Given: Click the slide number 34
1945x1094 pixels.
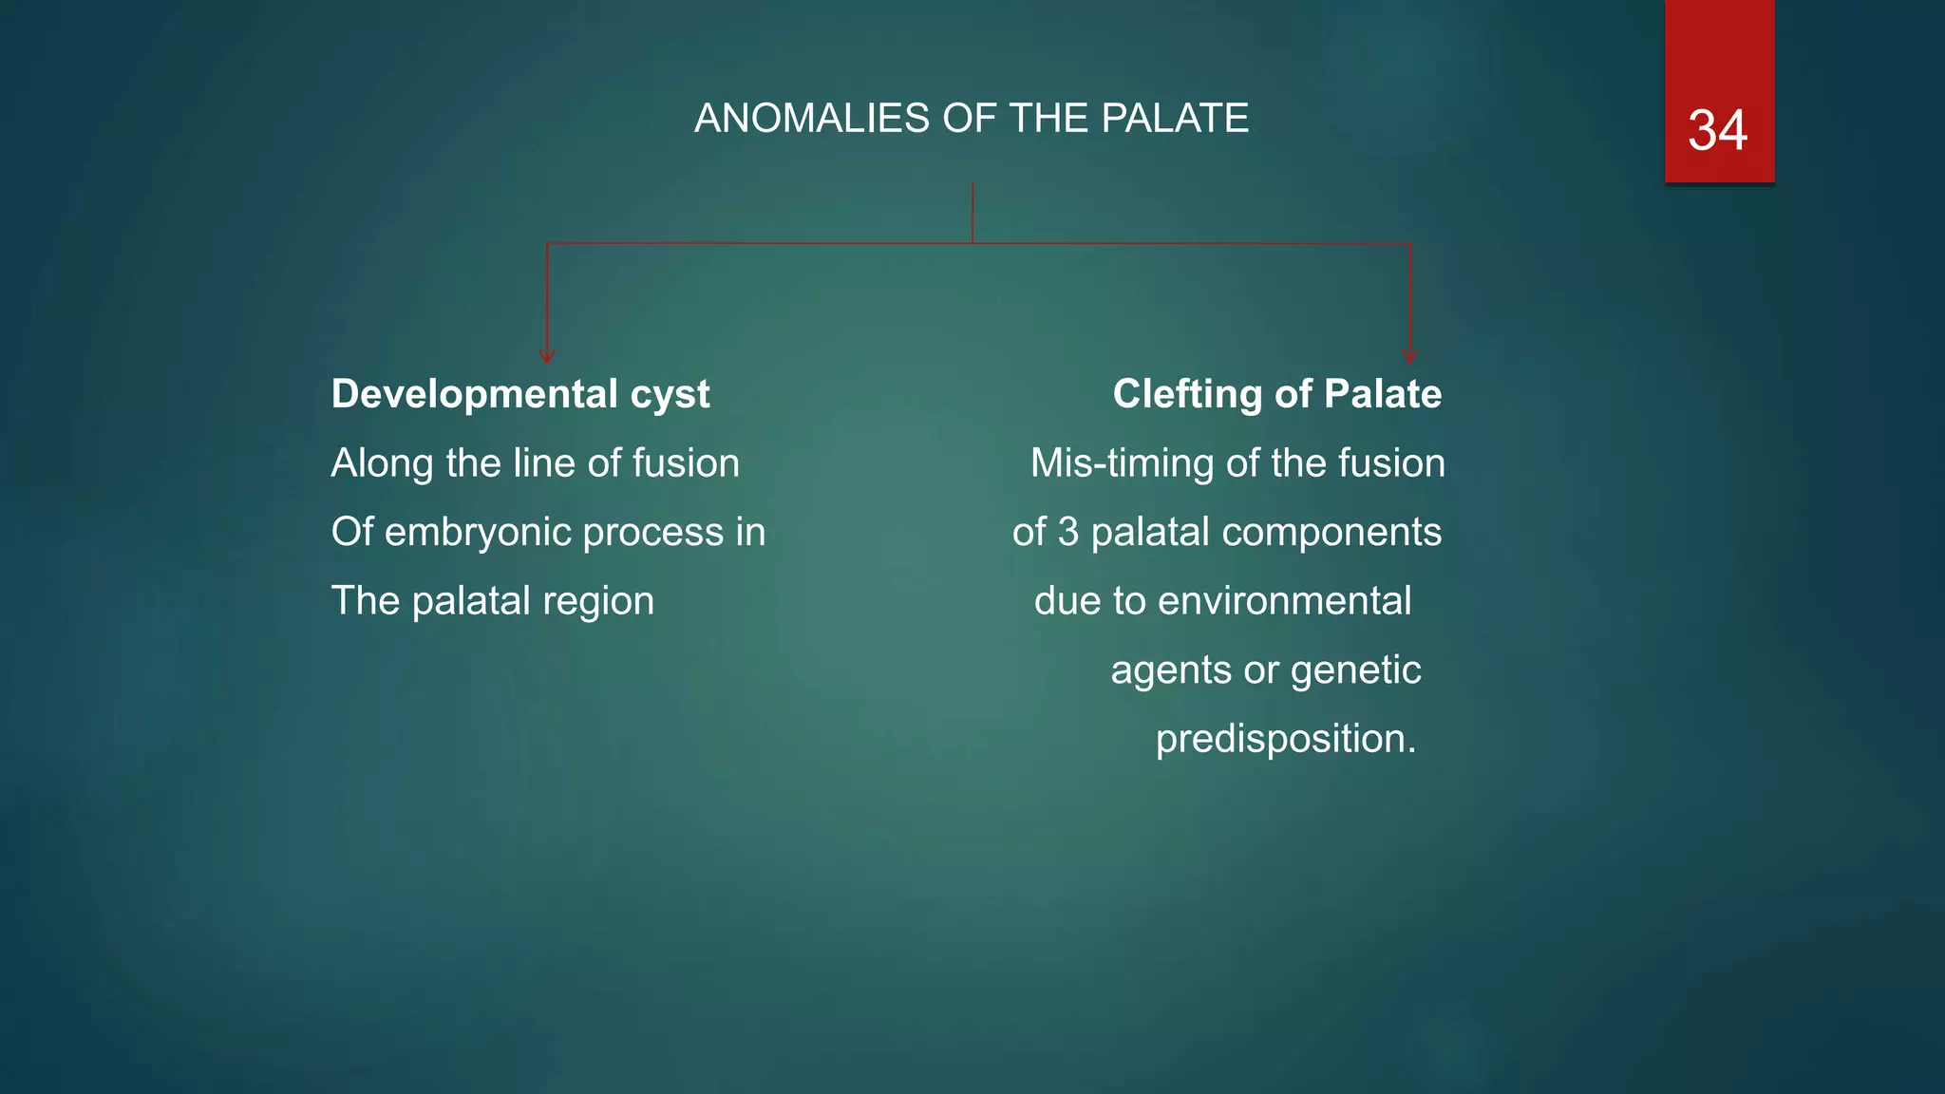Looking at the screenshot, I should [1717, 130].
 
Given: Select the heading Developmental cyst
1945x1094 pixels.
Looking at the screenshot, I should [519, 394].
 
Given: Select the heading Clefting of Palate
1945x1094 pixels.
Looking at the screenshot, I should [1276, 394].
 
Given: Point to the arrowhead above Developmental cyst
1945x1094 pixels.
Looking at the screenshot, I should [547, 356].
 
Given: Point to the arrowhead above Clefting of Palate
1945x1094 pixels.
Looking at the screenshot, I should [1409, 356].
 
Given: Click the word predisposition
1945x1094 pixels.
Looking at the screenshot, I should [1285, 739].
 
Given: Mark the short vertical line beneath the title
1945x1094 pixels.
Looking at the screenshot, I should [972, 213].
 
